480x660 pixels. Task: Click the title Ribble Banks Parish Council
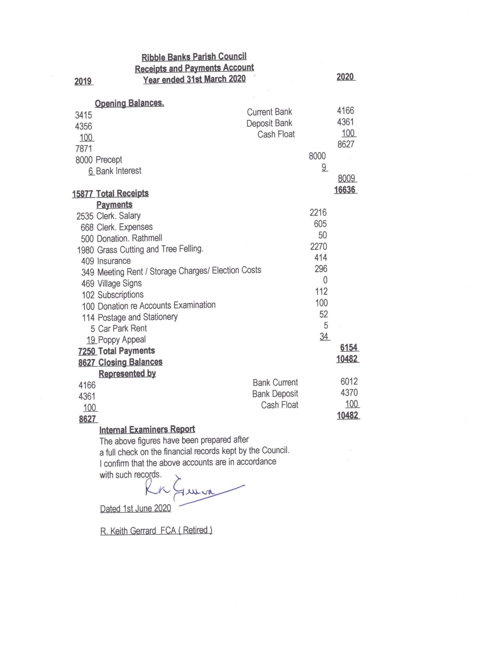pyautogui.click(x=194, y=57)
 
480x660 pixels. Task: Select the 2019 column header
pyautogui.click(x=83, y=81)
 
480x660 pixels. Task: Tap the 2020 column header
pyautogui.click(x=345, y=77)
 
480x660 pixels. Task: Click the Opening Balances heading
pyautogui.click(x=129, y=103)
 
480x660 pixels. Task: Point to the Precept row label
pyautogui.click(x=109, y=160)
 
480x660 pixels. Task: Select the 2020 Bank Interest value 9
pyautogui.click(x=324, y=167)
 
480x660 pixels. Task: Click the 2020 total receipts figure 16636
pyautogui.click(x=345, y=190)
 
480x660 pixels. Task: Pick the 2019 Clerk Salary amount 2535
pyautogui.click(x=85, y=216)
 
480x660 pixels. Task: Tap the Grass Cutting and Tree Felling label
pyautogui.click(x=150, y=249)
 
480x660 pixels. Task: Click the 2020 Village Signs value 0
pyautogui.click(x=325, y=280)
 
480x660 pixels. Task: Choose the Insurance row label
pyautogui.click(x=114, y=261)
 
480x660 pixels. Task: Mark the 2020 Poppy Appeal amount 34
pyautogui.click(x=324, y=337)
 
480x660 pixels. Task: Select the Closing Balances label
pyautogui.click(x=130, y=362)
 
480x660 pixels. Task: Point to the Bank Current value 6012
pyautogui.click(x=349, y=381)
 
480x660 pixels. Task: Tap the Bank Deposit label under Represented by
pyautogui.click(x=275, y=394)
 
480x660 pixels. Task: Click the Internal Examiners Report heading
pyautogui.click(x=147, y=430)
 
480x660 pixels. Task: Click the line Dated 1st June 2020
pyautogui.click(x=135, y=508)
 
